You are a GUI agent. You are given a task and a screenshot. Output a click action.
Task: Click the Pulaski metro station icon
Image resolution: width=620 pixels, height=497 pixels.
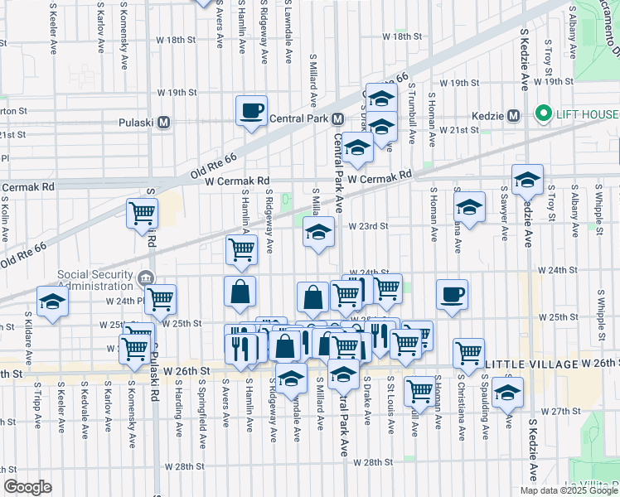tap(163, 123)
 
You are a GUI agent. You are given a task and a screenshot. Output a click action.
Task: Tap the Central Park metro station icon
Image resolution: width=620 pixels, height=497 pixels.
tap(337, 118)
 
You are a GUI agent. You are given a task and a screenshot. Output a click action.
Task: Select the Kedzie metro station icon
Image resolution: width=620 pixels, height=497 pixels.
tap(513, 114)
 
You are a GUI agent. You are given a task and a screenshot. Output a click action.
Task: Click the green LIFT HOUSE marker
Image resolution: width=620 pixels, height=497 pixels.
tap(544, 113)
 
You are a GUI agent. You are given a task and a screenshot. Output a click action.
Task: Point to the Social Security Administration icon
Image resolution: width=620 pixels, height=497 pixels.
tap(146, 277)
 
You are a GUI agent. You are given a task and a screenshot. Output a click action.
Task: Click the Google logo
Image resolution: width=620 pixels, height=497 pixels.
tap(27, 487)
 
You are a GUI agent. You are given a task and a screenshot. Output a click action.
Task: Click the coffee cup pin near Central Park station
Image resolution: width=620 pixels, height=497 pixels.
tap(251, 110)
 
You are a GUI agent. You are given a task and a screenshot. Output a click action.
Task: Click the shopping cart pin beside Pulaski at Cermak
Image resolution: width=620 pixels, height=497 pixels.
tap(142, 213)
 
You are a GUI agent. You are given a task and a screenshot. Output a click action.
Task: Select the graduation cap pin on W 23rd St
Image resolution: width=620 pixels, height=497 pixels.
tap(318, 232)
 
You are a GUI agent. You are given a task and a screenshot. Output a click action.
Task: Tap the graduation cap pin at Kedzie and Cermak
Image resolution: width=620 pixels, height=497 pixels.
tap(527, 179)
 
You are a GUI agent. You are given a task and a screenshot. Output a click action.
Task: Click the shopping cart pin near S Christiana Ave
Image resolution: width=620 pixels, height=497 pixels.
tap(469, 352)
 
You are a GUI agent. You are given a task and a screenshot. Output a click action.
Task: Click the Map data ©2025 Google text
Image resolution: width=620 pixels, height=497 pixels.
tap(568, 490)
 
